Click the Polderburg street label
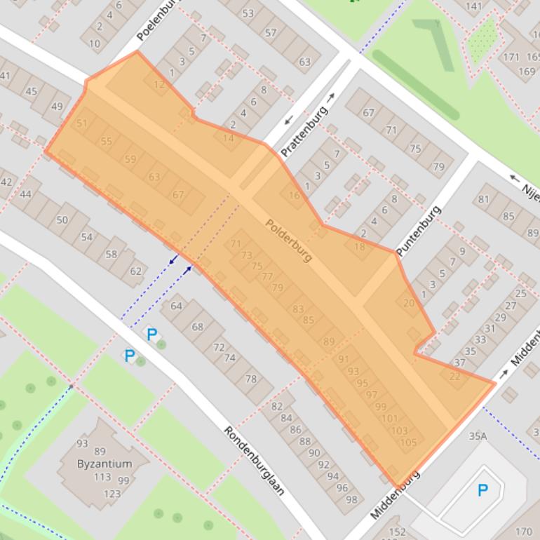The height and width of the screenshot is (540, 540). pos(288,241)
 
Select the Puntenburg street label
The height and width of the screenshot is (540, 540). pos(419,231)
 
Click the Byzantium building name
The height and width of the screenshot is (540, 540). pos(105,464)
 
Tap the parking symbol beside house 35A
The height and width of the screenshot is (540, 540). pos(482,490)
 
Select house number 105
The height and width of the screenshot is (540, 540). pos(408,442)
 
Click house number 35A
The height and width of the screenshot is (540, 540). pos(478,436)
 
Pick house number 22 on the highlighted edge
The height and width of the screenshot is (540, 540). pos(454,376)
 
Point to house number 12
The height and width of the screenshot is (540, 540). pos(159,85)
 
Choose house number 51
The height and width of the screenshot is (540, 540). pos(82,123)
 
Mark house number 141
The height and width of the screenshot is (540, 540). pos(473,6)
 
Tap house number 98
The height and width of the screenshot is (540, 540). pos(351,499)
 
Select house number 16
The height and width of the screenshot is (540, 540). pos(294,195)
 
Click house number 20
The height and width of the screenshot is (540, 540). pos(409,303)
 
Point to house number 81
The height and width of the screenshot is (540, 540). pos(483,199)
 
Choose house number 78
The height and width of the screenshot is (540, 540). pos(250,379)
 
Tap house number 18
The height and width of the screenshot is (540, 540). pos(360,246)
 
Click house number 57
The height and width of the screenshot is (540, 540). pos(271,32)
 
